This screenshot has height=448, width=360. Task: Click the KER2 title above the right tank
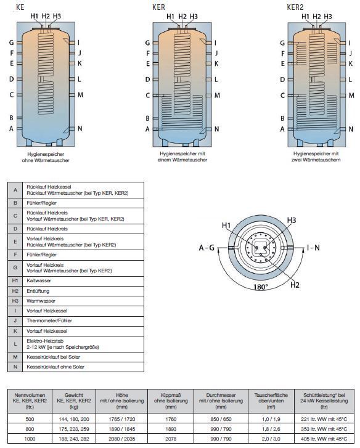coord(295,7)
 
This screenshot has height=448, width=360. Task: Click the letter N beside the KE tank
coord(80,129)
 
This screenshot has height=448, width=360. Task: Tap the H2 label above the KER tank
coord(182,17)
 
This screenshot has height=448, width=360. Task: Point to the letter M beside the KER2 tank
coord(351,96)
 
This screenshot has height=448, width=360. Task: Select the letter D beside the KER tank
coord(147,79)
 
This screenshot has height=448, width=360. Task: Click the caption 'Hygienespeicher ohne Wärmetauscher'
coord(46,157)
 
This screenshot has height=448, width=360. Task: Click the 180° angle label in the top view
coord(261,287)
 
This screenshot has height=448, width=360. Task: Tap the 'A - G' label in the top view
coord(207,248)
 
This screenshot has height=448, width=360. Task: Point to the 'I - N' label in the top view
coord(313,248)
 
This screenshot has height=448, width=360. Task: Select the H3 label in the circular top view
coord(292,220)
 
